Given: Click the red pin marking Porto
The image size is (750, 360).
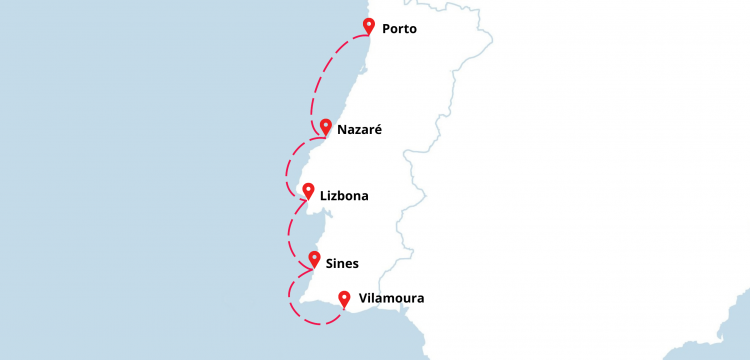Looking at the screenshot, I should click(x=369, y=26).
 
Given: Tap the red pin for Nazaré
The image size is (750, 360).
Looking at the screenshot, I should click(x=325, y=128).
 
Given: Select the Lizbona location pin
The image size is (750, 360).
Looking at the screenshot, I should click(x=308, y=190).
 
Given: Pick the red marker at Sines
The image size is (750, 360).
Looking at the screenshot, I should click(x=314, y=260).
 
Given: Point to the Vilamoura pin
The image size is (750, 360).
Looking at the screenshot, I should click(x=344, y=297).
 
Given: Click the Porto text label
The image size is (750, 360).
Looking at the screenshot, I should click(x=399, y=29).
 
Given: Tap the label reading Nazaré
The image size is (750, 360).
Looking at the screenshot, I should click(x=360, y=130).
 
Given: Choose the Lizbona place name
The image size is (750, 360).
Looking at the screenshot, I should click(x=344, y=196).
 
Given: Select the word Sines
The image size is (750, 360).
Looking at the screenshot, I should click(x=342, y=264).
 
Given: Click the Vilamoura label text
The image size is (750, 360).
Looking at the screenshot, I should click(x=391, y=298).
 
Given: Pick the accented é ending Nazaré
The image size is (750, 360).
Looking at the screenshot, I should click(x=378, y=130).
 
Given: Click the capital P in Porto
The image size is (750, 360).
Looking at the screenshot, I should click(x=387, y=29).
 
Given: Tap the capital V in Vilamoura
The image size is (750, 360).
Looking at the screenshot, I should click(x=362, y=298).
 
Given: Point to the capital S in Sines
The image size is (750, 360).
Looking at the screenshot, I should click(x=330, y=264).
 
